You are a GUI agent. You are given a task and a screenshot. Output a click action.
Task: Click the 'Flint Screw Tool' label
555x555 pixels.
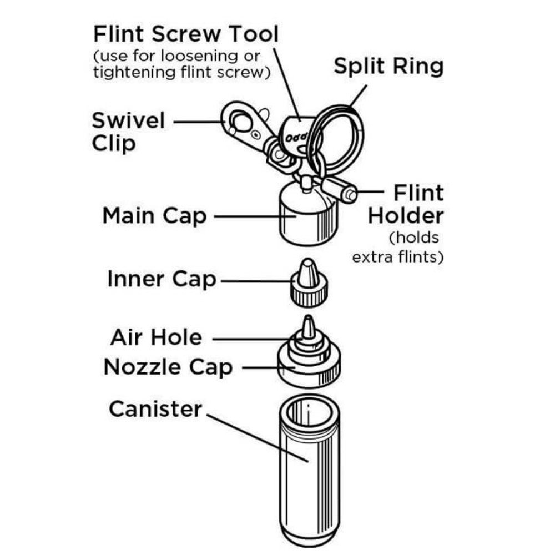point(186,34)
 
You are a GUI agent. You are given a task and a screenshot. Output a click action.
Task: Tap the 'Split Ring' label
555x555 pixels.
point(389,66)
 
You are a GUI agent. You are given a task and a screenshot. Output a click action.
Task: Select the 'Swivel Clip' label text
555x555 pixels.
point(128,131)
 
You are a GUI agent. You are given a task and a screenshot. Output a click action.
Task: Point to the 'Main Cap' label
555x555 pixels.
point(154,216)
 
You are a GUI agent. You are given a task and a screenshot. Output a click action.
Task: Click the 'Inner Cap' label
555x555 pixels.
point(162,279)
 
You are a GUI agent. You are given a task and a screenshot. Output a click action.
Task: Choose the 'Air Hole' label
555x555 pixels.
point(157,337)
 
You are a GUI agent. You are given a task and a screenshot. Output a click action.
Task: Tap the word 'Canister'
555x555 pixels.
point(156,409)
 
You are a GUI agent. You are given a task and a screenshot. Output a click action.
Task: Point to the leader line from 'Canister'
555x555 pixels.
point(255,436)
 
